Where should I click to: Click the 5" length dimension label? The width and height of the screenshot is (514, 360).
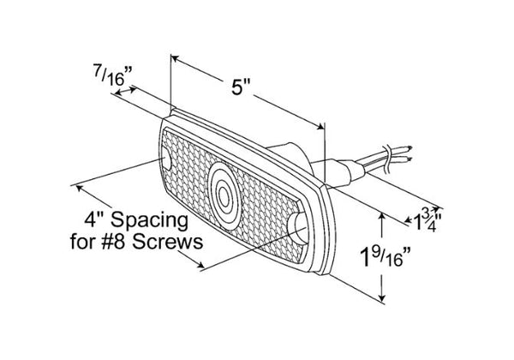241,88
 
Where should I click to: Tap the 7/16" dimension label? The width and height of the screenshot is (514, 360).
112,75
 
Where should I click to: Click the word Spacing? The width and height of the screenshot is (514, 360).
149,221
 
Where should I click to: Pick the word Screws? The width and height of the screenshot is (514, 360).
168,242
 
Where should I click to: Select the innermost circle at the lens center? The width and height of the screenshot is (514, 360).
224,197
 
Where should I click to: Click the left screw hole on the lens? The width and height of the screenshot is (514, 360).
167,160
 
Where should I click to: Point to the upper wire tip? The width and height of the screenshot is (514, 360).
410,147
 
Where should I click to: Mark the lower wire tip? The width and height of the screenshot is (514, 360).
409,159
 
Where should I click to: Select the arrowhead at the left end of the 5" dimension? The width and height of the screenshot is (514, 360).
175,58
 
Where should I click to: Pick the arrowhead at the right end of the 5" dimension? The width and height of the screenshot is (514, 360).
320,126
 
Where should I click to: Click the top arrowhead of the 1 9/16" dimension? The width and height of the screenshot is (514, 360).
381,216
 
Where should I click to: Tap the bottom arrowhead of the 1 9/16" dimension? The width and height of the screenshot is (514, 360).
381,297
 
